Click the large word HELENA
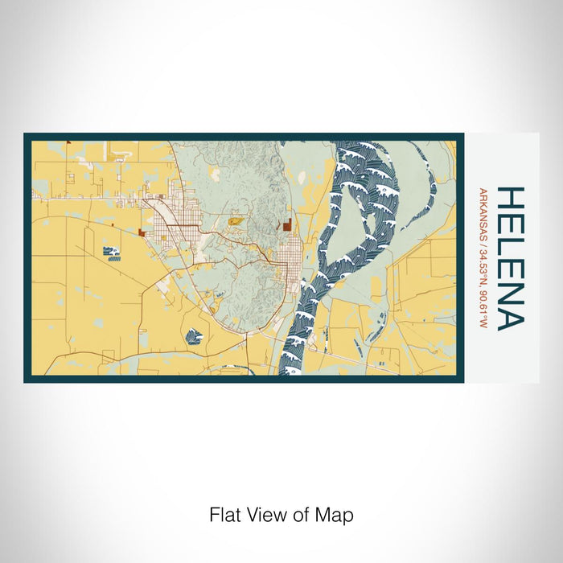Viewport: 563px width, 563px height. coord(510,258)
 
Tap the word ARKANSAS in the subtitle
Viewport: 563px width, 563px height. coord(483,211)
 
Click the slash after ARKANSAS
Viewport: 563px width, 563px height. coord(483,237)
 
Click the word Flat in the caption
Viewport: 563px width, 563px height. coord(224,514)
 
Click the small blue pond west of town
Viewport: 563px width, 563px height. coord(112,253)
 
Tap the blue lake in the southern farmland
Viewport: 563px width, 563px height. coord(193,337)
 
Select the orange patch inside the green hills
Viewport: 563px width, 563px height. coord(236,219)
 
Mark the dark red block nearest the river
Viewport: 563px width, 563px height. coord(287,225)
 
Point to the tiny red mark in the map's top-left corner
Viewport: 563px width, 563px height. coord(68,142)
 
